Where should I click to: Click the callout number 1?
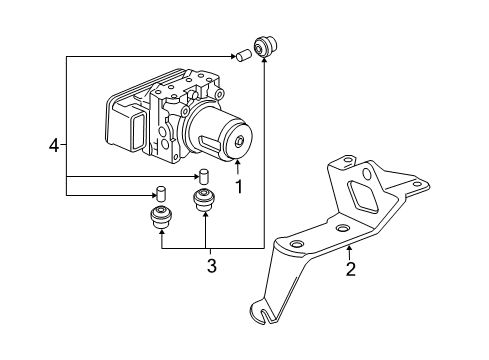[x=239, y=187]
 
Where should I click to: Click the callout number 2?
[x=350, y=269]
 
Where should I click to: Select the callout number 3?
[x=212, y=266]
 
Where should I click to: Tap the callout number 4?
[x=53, y=146]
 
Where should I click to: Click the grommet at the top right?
[x=266, y=46]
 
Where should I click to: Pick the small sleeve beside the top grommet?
[x=243, y=55]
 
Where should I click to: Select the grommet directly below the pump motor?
[x=204, y=200]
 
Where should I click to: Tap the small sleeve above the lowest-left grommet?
[x=161, y=193]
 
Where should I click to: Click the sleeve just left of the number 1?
[x=204, y=176]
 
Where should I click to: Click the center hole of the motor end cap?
[x=239, y=141]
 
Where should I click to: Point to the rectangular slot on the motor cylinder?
[x=209, y=144]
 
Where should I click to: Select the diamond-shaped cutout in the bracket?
[x=363, y=199]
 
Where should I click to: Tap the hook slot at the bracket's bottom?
[x=265, y=312]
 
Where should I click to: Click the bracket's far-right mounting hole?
[x=416, y=184]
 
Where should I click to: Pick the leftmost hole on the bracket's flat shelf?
[x=296, y=244]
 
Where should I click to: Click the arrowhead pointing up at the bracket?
[x=349, y=247]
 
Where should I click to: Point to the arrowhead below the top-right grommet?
[x=264, y=60]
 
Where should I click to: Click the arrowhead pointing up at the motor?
[x=237, y=163]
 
